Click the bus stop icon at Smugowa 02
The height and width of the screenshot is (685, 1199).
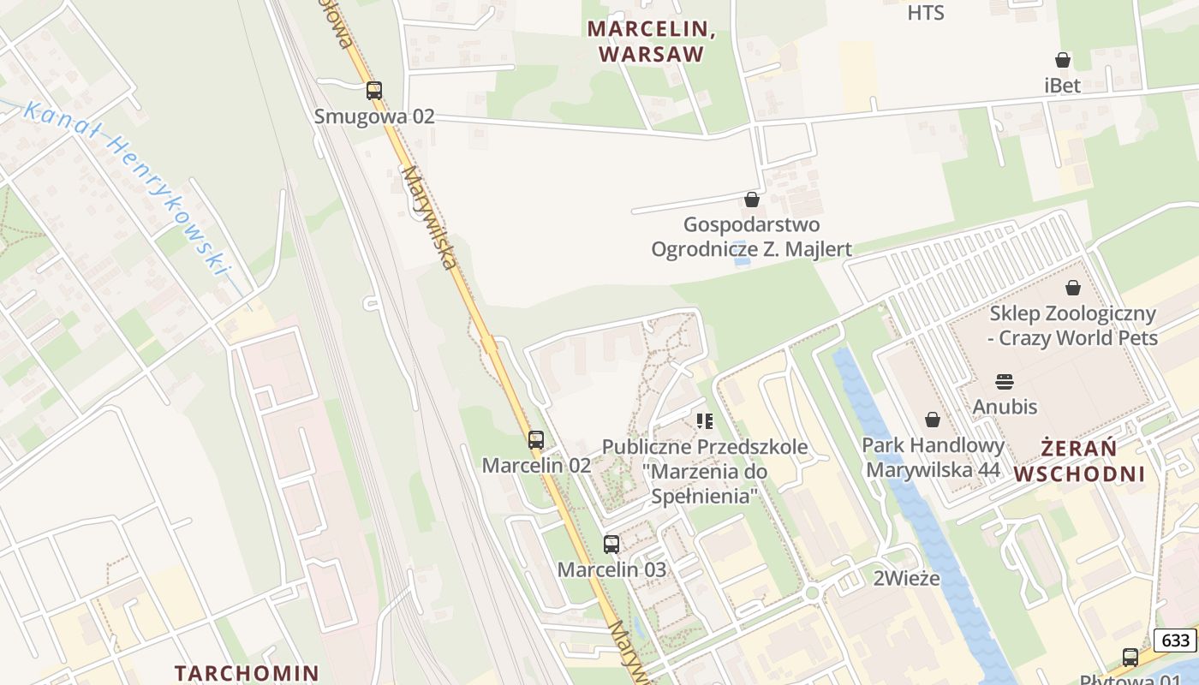374,90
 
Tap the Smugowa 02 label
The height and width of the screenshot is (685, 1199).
374,116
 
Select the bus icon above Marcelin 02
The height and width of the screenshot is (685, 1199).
536,440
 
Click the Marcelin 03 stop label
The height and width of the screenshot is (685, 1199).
611,569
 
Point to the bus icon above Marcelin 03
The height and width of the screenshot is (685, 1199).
611,544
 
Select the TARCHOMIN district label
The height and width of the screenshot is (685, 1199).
247,673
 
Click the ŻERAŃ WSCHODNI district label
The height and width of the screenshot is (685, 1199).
1081,461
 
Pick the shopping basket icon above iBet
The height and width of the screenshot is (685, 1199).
1063,60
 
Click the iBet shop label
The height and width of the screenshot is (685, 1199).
1063,86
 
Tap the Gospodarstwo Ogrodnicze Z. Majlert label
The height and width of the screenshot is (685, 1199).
751,236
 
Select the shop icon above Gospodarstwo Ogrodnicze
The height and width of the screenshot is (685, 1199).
752,200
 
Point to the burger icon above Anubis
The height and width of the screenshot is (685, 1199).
1005,381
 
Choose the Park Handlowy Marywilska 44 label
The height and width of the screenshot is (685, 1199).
933,457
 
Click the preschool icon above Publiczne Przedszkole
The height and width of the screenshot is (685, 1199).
705,420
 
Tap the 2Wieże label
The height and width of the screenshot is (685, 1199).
906,579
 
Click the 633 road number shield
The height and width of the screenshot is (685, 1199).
1175,640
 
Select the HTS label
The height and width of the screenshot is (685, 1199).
925,13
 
